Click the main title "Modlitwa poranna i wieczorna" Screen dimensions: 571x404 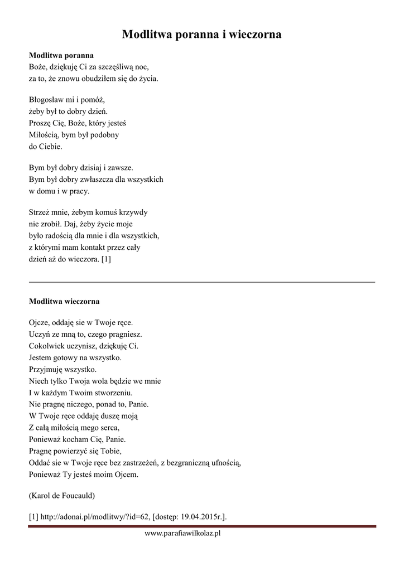coord(202,35)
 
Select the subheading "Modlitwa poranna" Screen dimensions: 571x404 coord(61,56)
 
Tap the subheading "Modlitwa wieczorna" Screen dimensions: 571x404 coord(64,302)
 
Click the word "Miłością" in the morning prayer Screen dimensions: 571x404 coord(43,135)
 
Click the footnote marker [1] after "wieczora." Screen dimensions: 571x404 coord(106,259)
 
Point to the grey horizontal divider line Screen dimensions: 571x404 coord(202,283)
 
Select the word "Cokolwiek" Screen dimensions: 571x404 coord(46,346)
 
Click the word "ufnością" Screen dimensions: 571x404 coord(224,462)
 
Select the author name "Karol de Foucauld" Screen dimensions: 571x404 coord(62,495)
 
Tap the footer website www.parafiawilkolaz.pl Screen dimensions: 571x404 coord(182,534)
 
